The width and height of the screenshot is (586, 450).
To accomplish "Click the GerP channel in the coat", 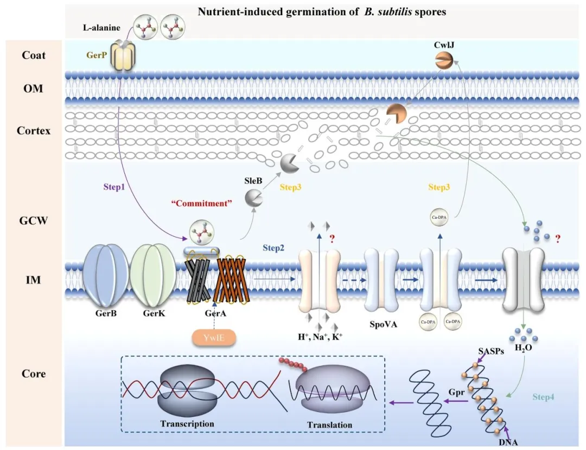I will [123, 58].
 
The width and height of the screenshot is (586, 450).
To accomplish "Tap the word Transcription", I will [187, 423].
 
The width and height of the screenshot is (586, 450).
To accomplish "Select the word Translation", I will [329, 424].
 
